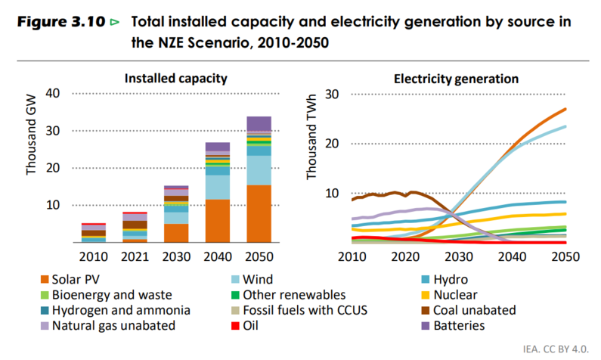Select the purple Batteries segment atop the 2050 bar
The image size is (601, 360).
tap(259, 123)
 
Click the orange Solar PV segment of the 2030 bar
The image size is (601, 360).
tap(176, 233)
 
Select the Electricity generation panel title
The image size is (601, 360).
tap(456, 78)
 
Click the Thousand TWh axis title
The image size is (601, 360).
tap(311, 148)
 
